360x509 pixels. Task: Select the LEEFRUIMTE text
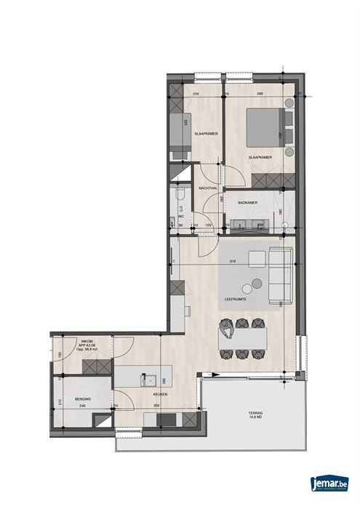pyautogui.click(x=233, y=300)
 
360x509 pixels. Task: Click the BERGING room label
pyautogui.click(x=71, y=399)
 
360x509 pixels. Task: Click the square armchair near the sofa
pyautogui.click(x=257, y=258)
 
